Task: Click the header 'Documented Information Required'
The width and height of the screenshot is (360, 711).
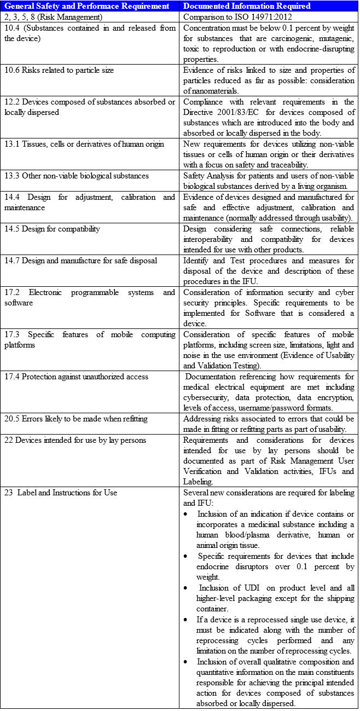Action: coord(247,6)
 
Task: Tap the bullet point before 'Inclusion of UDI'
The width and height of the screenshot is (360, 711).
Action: coord(187,587)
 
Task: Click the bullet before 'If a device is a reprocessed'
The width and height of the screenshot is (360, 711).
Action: coord(187,619)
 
